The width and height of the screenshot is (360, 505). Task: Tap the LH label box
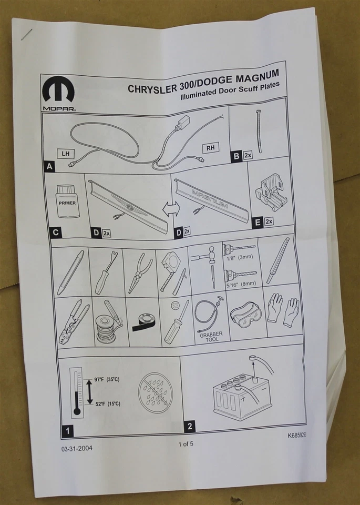(65, 153)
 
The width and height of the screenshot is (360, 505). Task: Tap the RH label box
(210, 148)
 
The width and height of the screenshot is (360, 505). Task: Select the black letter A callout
(50, 167)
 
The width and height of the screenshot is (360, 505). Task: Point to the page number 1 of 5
(186, 443)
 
